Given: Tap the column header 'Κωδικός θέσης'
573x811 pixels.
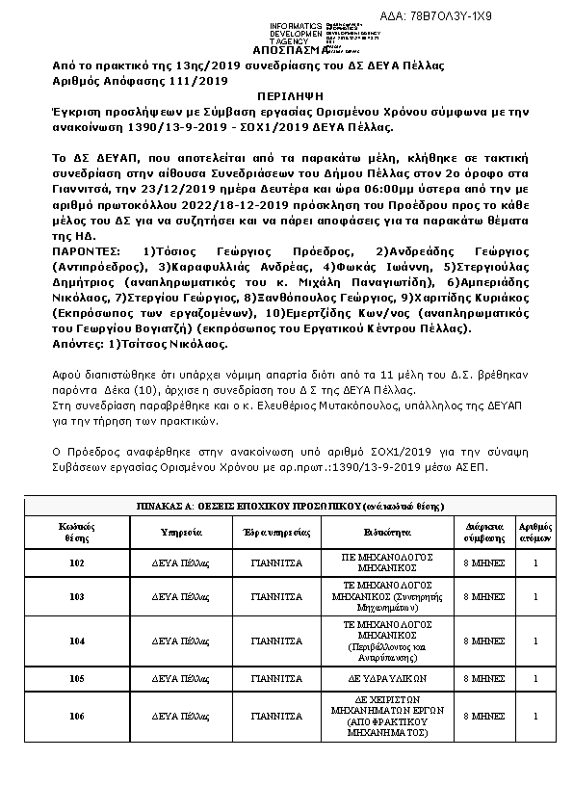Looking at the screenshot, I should click(x=78, y=531).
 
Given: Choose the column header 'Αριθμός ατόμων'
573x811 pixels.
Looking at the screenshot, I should click(x=535, y=531).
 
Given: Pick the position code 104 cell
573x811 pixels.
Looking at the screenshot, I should click(x=78, y=641).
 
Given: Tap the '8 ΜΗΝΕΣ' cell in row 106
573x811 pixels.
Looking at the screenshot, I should click(x=484, y=717).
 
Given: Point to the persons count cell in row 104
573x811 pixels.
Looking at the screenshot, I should click(x=535, y=641).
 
